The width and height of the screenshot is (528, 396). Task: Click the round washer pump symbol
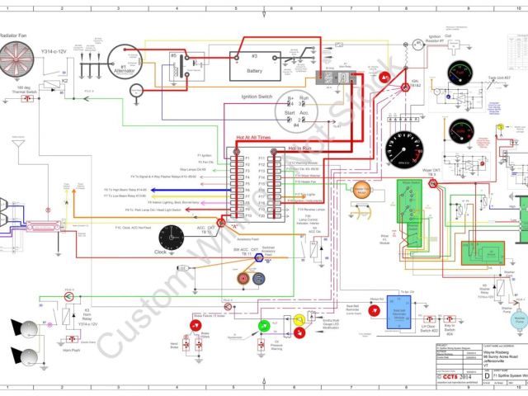point(521,317)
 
